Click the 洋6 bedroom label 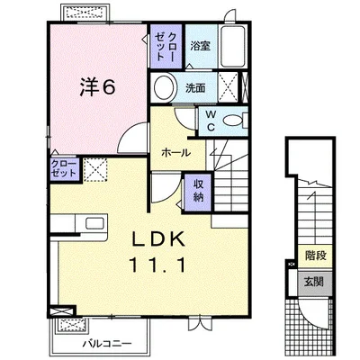(x=97, y=87)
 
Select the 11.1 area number (x=157, y=265)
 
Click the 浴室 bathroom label (x=201, y=46)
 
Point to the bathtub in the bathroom (x=233, y=47)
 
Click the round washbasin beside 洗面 (x=165, y=87)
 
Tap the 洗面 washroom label (x=195, y=88)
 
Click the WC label (x=211, y=121)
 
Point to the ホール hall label (x=176, y=153)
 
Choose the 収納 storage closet (x=198, y=192)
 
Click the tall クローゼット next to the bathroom (x=166, y=46)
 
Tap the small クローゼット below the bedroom (x=65, y=169)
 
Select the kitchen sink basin (x=95, y=224)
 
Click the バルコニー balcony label (x=107, y=343)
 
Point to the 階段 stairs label (x=316, y=256)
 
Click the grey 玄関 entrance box (x=315, y=282)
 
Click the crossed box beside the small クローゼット (x=95, y=169)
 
